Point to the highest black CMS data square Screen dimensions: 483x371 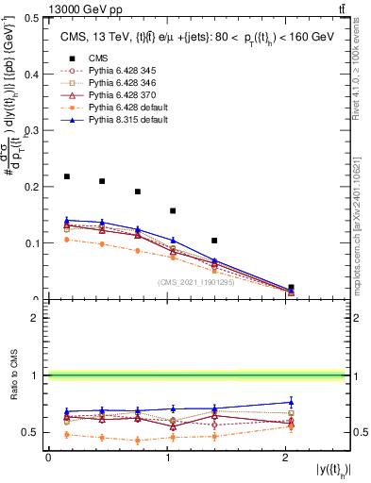(x=67, y=176)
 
